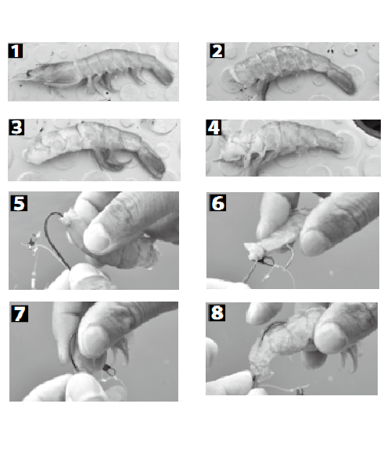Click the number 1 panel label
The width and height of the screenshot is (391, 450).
pyautogui.click(x=16, y=51)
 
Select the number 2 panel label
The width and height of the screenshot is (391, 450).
pyautogui.click(x=217, y=51)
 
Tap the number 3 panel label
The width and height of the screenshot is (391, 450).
pyautogui.click(x=16, y=127)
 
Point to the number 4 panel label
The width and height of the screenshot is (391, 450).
pyautogui.click(x=213, y=127)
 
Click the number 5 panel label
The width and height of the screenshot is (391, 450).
pyautogui.click(x=19, y=203)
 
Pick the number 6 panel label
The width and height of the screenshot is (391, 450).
pyautogui.click(x=217, y=203)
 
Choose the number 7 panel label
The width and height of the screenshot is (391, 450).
pyautogui.click(x=20, y=313)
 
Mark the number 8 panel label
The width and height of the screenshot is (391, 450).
pyautogui.click(x=217, y=312)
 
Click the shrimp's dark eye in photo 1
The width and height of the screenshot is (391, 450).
pyautogui.click(x=29, y=73)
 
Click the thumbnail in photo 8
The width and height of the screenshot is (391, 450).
pyautogui.click(x=331, y=337)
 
